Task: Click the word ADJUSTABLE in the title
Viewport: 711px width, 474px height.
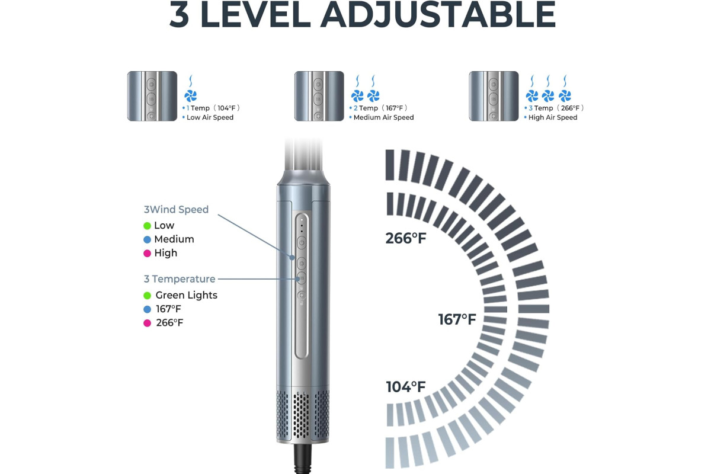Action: [438, 15]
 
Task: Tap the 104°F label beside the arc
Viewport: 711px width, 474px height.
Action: [406, 387]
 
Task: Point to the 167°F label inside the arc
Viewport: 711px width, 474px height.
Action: [457, 319]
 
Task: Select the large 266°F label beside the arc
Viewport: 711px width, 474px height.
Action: [406, 238]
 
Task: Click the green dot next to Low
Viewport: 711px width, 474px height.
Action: [147, 226]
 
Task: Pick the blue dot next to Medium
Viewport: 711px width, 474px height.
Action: [147, 240]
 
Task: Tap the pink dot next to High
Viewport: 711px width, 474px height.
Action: [147, 254]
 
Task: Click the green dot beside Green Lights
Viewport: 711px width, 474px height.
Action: [147, 296]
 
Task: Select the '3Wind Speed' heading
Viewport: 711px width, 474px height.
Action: [176, 210]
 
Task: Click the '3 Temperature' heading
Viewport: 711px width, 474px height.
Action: [180, 278]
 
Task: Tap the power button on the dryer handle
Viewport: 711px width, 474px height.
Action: [302, 243]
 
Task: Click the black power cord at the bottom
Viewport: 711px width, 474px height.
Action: [302, 459]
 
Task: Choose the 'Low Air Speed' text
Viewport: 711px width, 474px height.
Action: [210, 117]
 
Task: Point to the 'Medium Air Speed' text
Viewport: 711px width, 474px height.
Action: [383, 117]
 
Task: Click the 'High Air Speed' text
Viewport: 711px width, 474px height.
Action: [553, 117]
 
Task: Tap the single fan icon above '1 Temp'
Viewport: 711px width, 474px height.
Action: [190, 95]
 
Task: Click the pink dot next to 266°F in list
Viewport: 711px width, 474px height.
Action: [147, 323]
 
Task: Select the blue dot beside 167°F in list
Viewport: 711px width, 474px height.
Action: [147, 309]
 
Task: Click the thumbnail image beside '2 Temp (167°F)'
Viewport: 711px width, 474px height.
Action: [319, 96]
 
